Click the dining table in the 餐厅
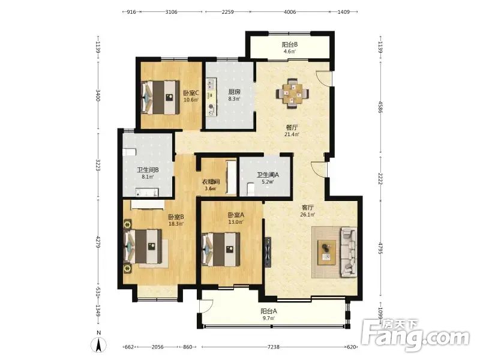pos(293,94)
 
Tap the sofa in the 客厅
pos(349,252)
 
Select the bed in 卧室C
pos(160,97)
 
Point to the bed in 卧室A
pos(221,250)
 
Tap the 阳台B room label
pos(290,44)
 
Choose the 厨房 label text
pos(234,92)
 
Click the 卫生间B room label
pos(148,170)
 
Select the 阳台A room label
pos(269,311)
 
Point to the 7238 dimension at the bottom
pos(274,347)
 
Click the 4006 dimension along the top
pos(290,12)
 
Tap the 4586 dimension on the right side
pos(380,107)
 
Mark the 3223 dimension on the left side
pos(98,165)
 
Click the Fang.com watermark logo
pos(415,335)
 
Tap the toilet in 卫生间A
pos(250,189)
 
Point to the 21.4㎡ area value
pos(292,134)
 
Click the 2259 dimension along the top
pos(227,12)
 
